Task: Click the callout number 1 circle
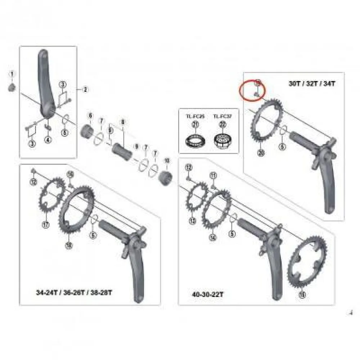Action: click(12, 74)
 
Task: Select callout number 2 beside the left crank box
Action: click(85, 90)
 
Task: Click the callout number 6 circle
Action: click(90, 116)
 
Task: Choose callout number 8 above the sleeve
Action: click(123, 122)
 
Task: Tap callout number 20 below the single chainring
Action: click(261, 153)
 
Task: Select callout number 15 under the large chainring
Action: click(302, 295)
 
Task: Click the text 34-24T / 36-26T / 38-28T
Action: click(74, 292)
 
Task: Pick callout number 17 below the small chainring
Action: click(46, 225)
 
